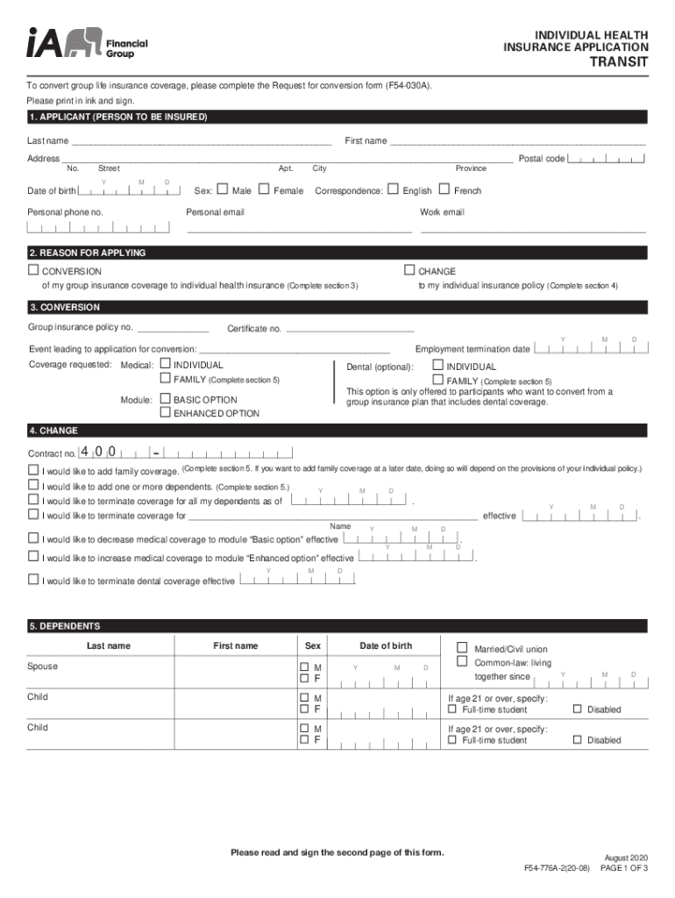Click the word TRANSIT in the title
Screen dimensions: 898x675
[618, 62]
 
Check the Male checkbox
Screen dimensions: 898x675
[222, 189]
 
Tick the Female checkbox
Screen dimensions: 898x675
[264, 189]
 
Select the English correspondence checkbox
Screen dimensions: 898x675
[393, 189]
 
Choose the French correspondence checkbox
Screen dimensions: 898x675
[444, 189]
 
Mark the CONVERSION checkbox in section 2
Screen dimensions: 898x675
[33, 270]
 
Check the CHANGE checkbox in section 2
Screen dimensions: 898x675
[409, 270]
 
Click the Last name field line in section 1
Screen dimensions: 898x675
[202, 141]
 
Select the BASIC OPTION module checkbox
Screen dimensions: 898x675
[164, 399]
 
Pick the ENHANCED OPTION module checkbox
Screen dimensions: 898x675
[164, 412]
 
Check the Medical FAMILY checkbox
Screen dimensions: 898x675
[164, 379]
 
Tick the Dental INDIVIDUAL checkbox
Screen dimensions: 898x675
[437, 366]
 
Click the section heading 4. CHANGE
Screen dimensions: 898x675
[53, 431]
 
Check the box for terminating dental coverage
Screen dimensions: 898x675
[33, 580]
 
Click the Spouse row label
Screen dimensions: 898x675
[43, 666]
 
